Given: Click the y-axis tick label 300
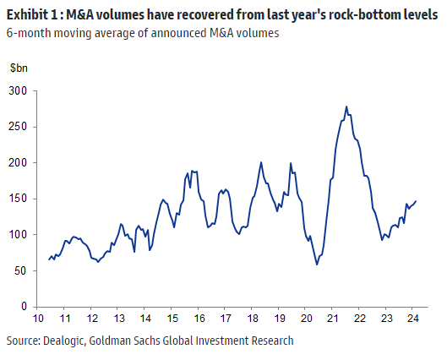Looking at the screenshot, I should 17,90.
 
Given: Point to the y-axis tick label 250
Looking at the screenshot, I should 17,126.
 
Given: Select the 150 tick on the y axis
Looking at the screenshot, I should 17,198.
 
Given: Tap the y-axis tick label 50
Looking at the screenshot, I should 19,270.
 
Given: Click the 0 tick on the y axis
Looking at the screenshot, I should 23,306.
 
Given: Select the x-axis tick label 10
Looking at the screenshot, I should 39,319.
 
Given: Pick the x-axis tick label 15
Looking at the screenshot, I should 172,319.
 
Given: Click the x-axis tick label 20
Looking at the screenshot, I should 306,319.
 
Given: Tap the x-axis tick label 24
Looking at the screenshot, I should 412,319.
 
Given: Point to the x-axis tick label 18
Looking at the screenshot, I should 253,319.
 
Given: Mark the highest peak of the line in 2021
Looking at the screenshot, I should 346,106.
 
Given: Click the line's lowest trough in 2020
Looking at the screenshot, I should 317,265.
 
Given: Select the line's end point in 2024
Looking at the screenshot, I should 417,200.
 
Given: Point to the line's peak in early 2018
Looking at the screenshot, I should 261,162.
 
